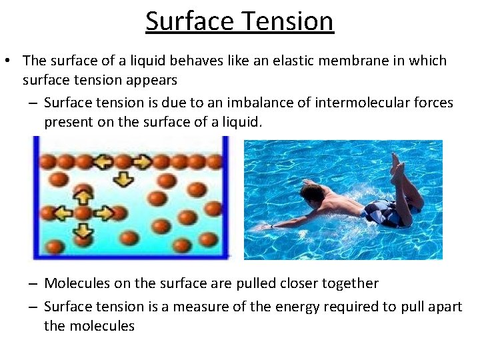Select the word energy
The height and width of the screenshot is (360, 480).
pos(297,307)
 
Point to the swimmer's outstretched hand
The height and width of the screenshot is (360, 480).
pos(267,227)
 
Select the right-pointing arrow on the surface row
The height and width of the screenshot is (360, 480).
pos(143,162)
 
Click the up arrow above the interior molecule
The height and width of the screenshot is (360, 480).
pos(82,197)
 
